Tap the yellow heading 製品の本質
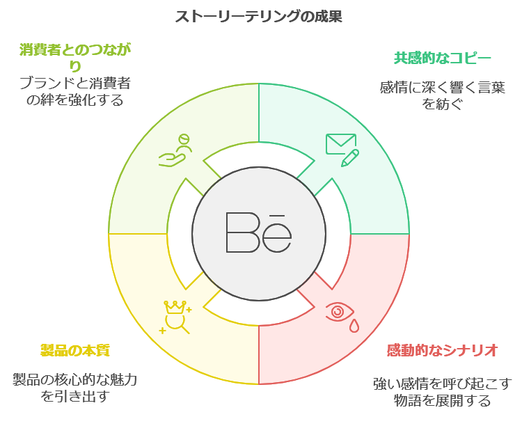click(x=74, y=350)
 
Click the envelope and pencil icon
click(x=342, y=149)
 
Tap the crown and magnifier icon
click(x=176, y=317)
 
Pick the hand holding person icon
click(x=175, y=151)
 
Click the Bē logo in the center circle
click(x=259, y=232)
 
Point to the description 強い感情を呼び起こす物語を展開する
click(x=442, y=392)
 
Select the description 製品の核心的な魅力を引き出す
click(x=74, y=388)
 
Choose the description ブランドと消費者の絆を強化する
click(x=74, y=92)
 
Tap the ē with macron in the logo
click(x=278, y=234)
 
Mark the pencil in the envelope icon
click(x=350, y=157)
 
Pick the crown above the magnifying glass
click(x=173, y=306)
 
